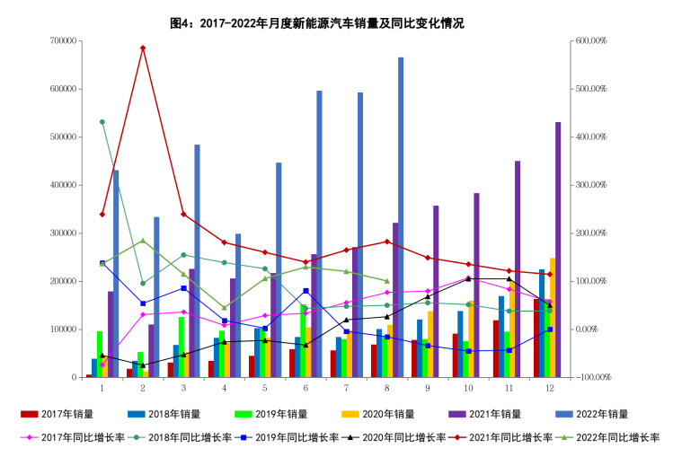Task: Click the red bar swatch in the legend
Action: [29, 415]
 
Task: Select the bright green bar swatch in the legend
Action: [244, 415]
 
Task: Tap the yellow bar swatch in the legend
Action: [350, 415]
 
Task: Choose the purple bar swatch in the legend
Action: [457, 415]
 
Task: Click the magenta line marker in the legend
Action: [29, 437]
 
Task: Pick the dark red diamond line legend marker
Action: [457, 437]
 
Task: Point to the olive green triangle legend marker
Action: [564, 437]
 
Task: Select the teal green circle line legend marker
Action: [136, 437]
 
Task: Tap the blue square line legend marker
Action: [244, 437]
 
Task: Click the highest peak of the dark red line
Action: [143, 48]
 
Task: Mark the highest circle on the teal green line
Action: [102, 121]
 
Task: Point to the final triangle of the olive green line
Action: [386, 281]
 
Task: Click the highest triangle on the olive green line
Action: [143, 241]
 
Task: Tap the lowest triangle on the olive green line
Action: [224, 307]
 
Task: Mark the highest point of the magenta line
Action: [468, 277]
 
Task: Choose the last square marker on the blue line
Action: [549, 330]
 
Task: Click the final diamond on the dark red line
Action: [549, 274]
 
